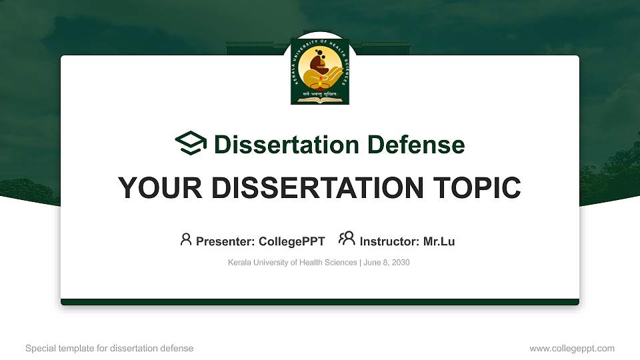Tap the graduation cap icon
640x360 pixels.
[191, 144]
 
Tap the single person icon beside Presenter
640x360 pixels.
[186, 239]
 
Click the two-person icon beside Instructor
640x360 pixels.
[347, 239]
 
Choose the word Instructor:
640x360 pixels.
[389, 241]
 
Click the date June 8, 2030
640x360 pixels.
[387, 263]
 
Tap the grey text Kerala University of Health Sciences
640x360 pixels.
[292, 263]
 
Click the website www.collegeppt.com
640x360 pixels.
[572, 348]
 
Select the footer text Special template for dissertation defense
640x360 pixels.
[109, 348]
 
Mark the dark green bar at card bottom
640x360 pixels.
[320, 302]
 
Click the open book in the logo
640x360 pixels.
[320, 100]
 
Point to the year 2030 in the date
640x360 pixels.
[401, 263]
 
